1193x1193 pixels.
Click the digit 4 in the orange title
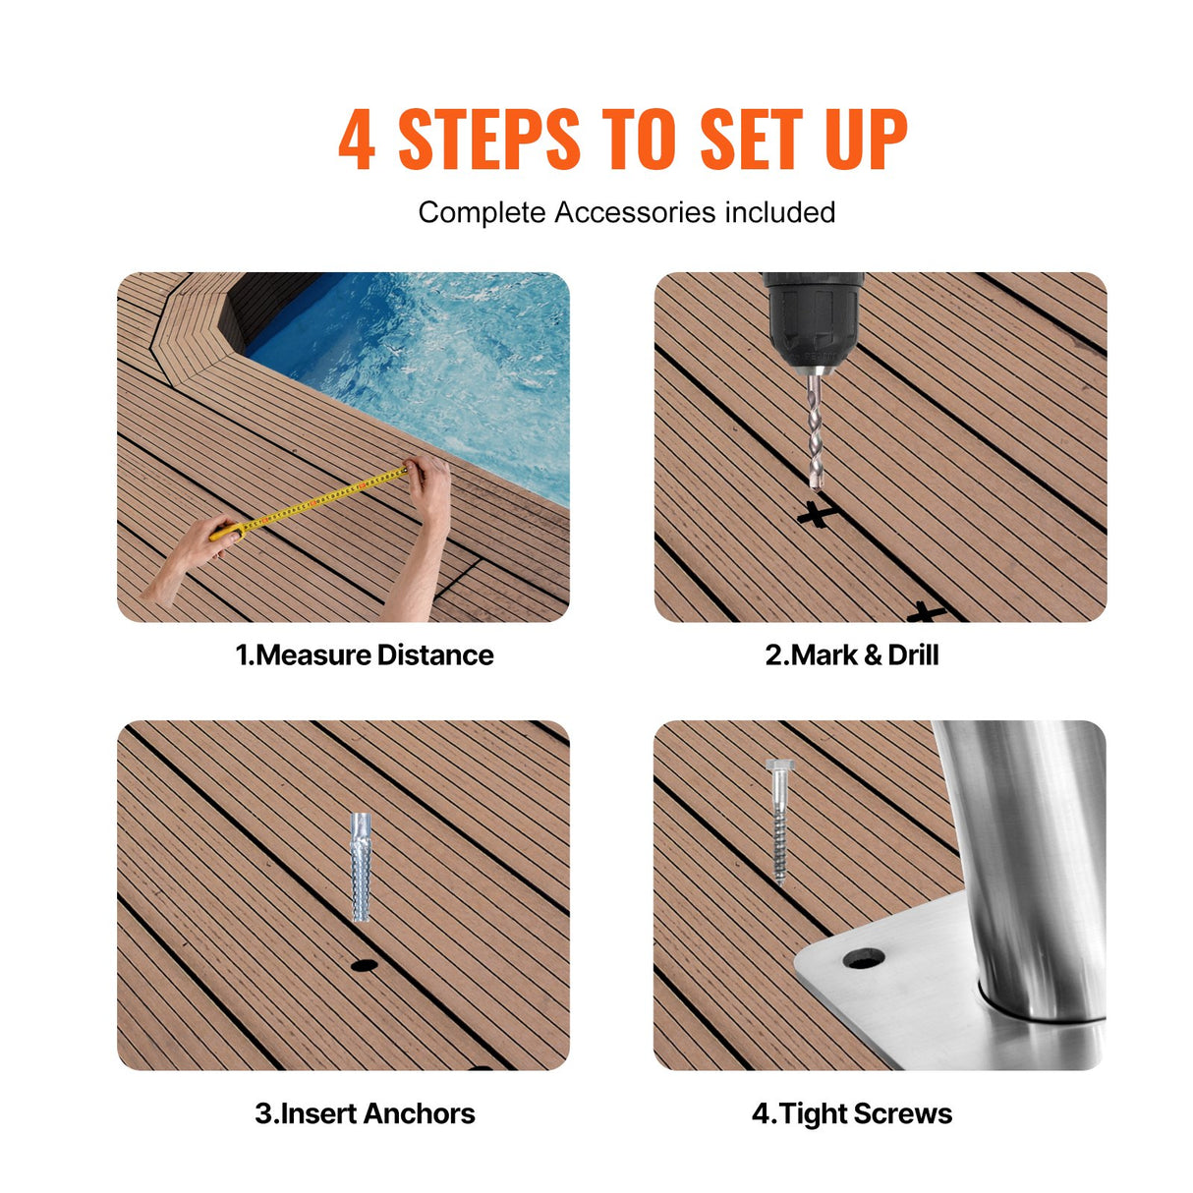(x=356, y=141)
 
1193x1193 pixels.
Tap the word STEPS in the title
(x=488, y=141)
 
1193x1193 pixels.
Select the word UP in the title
(x=865, y=141)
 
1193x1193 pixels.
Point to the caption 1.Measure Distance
(x=364, y=655)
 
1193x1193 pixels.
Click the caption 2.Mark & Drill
(x=852, y=655)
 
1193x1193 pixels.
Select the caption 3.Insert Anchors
(x=365, y=1113)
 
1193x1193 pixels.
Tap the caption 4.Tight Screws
(x=852, y=1113)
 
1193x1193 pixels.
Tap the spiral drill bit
(x=815, y=432)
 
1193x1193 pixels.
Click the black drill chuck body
(x=813, y=314)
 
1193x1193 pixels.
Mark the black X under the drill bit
(x=817, y=513)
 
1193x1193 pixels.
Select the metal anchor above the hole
(x=361, y=867)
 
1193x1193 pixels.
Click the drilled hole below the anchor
(x=364, y=966)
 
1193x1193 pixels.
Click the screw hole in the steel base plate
(x=864, y=958)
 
